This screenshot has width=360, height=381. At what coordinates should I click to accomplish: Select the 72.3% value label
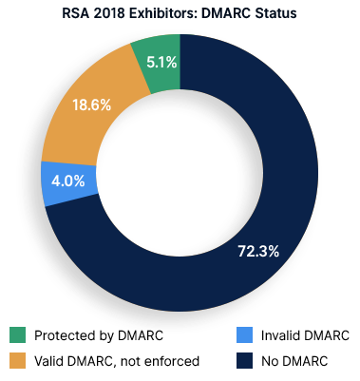pyautogui.click(x=256, y=251)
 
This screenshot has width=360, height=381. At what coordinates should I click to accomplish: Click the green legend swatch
pyautogui.click(x=16, y=335)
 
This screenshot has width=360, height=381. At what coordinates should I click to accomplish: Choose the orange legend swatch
pyautogui.click(x=16, y=360)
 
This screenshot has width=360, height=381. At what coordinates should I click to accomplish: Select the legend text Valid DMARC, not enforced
pyautogui.click(x=116, y=360)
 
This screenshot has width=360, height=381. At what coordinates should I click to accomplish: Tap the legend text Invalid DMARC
pyautogui.click(x=306, y=335)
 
